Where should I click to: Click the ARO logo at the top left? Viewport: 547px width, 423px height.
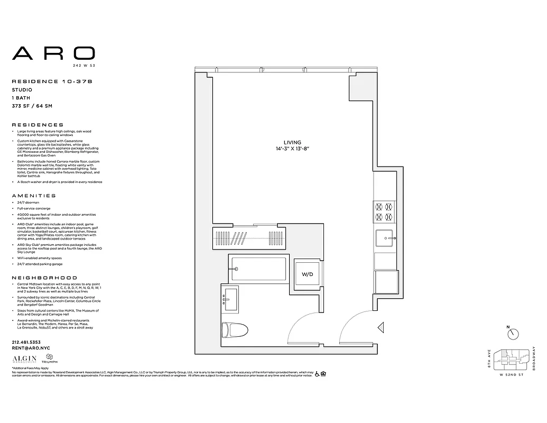pyautogui.click(x=53, y=53)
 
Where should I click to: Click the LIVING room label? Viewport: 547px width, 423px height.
pyautogui.click(x=292, y=143)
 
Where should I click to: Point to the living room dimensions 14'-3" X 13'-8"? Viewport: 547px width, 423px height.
pyautogui.click(x=292, y=150)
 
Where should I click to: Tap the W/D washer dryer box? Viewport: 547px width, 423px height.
pyautogui.click(x=307, y=275)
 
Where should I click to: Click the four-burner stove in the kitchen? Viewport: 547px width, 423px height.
pyautogui.click(x=384, y=212)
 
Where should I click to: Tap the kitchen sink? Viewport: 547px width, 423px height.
pyautogui.click(x=385, y=240)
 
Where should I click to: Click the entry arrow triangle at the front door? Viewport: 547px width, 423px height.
pyautogui.click(x=381, y=328)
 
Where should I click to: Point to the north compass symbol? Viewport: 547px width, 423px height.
pyautogui.click(x=513, y=334)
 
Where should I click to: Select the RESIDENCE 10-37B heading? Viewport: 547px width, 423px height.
pyautogui.click(x=52, y=81)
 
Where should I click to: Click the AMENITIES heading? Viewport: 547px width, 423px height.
pyautogui.click(x=34, y=196)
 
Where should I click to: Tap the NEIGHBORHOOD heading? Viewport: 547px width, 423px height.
pyautogui.click(x=44, y=278)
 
